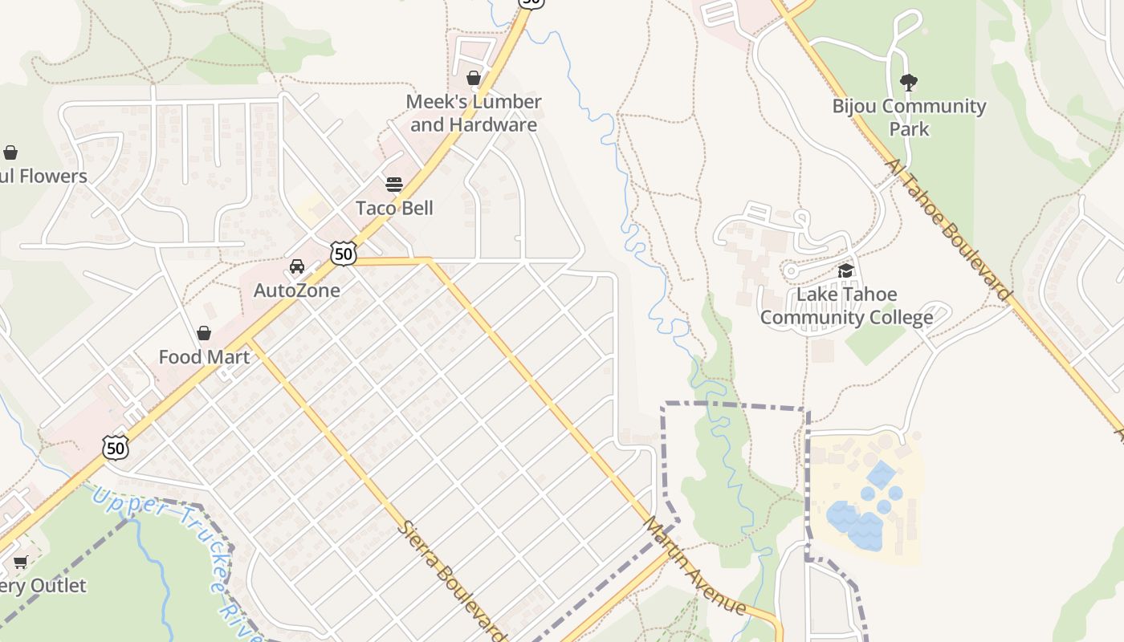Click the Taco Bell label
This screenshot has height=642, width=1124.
[394, 208]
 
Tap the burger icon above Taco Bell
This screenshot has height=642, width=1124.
[394, 185]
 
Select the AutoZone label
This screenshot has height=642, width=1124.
[297, 291]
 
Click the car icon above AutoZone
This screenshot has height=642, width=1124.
[297, 266]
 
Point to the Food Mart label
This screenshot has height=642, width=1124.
[204, 357]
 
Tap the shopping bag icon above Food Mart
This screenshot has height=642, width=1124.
[204, 333]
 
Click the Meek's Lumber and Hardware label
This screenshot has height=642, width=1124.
[474, 113]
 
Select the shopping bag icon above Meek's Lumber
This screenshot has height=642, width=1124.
[474, 78]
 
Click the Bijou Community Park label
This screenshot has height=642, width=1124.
[909, 117]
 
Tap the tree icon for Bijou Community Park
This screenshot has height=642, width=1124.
[909, 82]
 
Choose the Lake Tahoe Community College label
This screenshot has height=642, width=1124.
[846, 306]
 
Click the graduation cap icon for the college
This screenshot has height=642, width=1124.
[845, 271]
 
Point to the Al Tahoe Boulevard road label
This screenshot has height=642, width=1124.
[948, 230]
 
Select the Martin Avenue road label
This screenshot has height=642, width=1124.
[694, 567]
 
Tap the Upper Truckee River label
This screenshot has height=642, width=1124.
[177, 562]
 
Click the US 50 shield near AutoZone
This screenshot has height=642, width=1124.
[344, 254]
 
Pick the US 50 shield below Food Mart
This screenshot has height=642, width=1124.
[116, 447]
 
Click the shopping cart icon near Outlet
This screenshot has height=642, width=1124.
[20, 563]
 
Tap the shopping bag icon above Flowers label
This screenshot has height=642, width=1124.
[10, 152]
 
